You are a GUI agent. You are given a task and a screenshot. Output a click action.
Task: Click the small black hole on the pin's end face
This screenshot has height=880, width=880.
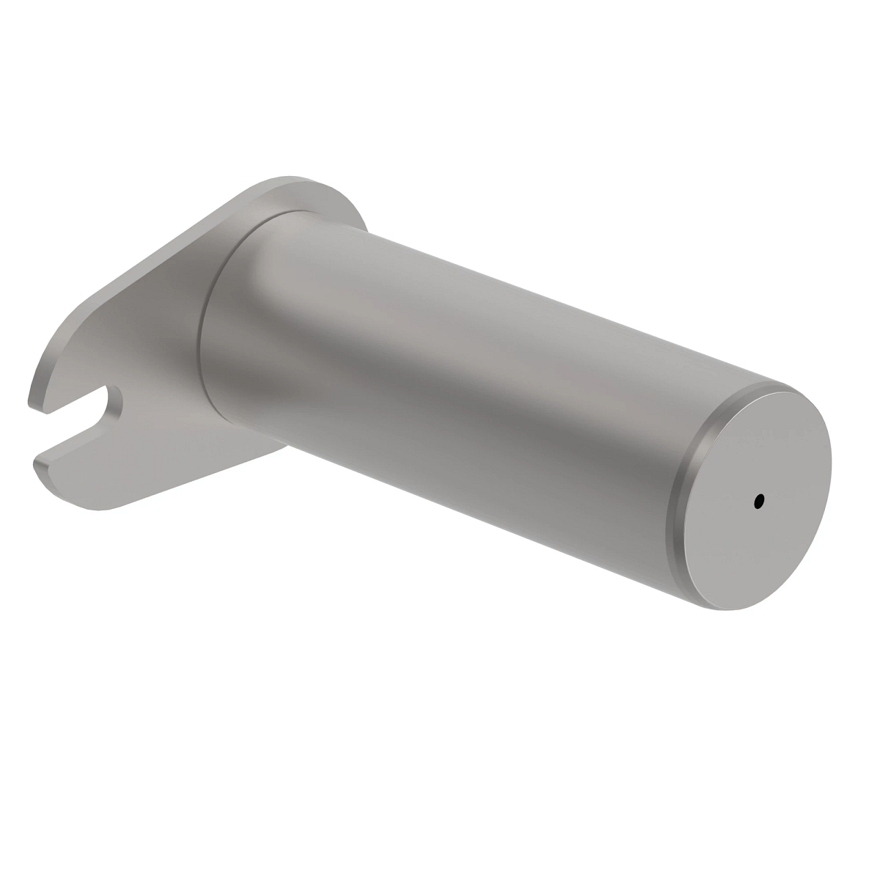pyautogui.click(x=758, y=502)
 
